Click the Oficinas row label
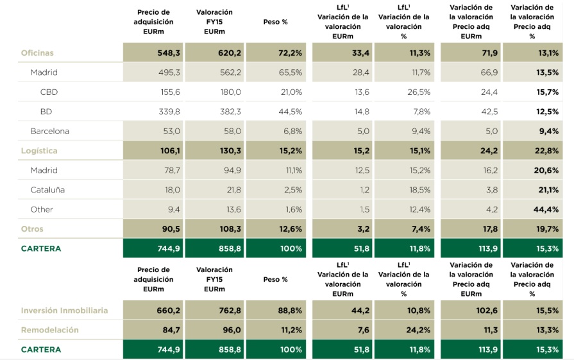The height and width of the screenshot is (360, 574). (37, 53)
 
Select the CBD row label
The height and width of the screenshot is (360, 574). (49, 92)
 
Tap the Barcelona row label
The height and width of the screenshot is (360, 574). (49, 132)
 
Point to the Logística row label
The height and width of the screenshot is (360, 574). (39, 151)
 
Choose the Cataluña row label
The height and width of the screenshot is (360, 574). (47, 190)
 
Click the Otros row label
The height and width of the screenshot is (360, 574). (32, 229)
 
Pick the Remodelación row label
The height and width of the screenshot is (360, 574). (49, 330)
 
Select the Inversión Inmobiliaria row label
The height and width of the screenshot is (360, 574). (64, 311)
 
